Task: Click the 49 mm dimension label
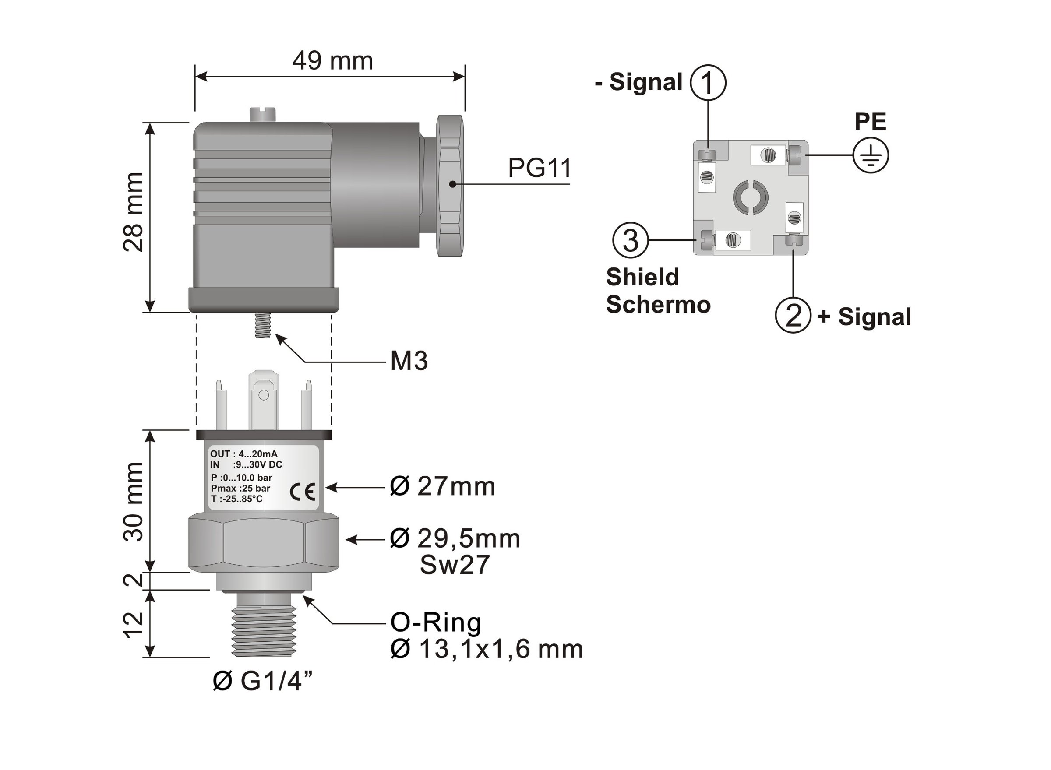pyautogui.click(x=332, y=61)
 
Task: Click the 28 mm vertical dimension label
pyautogui.click(x=134, y=212)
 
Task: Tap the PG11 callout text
pyautogui.click(x=539, y=168)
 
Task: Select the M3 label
pyautogui.click(x=409, y=361)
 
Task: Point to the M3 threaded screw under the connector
pyautogui.click(x=264, y=325)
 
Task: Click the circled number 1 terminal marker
pyautogui.click(x=707, y=82)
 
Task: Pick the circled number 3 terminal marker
pyautogui.click(x=630, y=240)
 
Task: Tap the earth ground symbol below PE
pyautogui.click(x=870, y=156)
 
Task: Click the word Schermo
pyautogui.click(x=658, y=304)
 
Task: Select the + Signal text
pyautogui.click(x=864, y=317)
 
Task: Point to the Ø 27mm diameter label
pyautogui.click(x=442, y=487)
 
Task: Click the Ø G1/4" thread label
pyautogui.click(x=262, y=682)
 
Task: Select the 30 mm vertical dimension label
pyautogui.click(x=134, y=501)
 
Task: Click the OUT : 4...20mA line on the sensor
pyautogui.click(x=243, y=454)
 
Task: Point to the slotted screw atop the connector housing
pyautogui.click(x=262, y=114)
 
